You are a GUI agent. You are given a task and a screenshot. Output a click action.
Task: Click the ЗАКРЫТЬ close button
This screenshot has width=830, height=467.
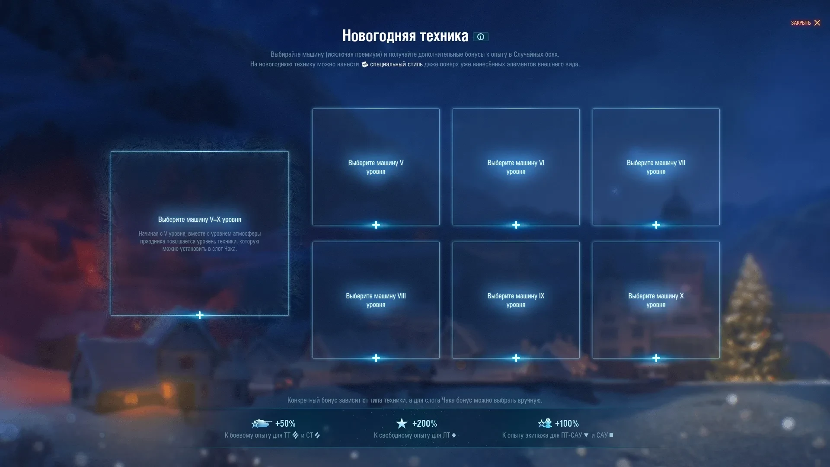tap(805, 23)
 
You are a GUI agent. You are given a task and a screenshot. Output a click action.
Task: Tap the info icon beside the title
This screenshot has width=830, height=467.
tap(480, 37)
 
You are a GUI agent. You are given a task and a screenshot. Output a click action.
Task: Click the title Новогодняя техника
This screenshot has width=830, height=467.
tap(405, 36)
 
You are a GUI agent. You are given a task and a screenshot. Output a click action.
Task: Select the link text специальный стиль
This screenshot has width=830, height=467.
tap(396, 64)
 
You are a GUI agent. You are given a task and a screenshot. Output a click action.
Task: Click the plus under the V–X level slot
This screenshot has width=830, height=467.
tap(200, 315)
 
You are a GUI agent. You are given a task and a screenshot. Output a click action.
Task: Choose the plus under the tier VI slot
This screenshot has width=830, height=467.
tap(516, 225)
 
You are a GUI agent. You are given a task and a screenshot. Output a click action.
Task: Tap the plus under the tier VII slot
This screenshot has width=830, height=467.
tap(656, 225)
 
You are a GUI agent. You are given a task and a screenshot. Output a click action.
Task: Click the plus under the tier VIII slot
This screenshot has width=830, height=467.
tap(376, 358)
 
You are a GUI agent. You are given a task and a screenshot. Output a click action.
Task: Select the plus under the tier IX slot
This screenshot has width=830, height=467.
tap(516, 358)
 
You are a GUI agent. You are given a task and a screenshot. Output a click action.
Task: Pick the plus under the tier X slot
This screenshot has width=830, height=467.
tap(656, 358)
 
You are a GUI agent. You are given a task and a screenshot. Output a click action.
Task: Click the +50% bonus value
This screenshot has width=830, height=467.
tap(285, 424)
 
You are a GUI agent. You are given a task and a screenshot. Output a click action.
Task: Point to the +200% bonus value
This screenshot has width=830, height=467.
tap(425, 424)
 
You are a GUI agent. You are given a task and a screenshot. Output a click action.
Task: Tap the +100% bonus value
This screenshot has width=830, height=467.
tap(567, 424)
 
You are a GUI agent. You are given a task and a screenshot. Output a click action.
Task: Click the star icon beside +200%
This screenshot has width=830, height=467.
tap(402, 423)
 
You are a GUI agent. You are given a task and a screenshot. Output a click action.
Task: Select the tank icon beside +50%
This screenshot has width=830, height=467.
tap(261, 423)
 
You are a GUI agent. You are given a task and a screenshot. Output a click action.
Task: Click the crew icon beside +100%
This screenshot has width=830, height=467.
tap(545, 423)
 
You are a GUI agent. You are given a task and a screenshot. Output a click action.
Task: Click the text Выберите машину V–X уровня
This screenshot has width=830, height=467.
tap(200, 220)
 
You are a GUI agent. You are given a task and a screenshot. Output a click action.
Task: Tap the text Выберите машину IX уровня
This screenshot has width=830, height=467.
tap(516, 300)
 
